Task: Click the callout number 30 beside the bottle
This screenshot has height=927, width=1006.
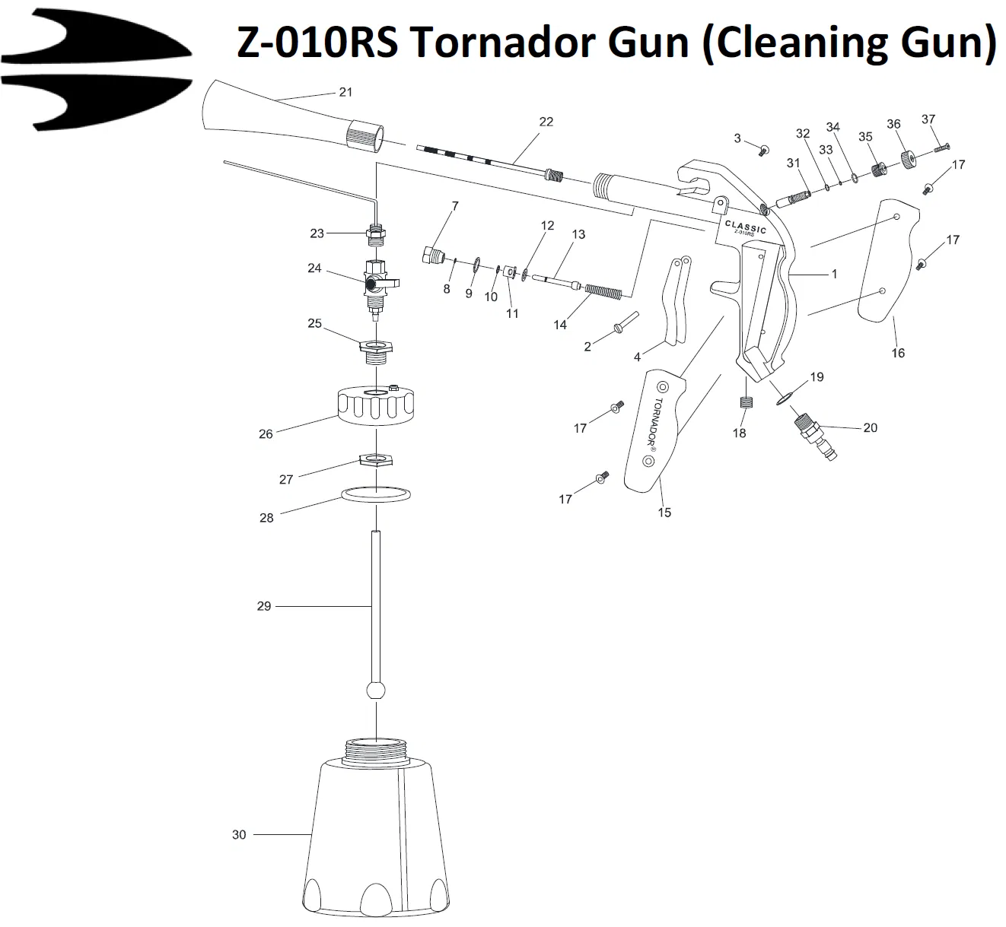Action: [239, 835]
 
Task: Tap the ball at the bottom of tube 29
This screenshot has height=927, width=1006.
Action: [376, 691]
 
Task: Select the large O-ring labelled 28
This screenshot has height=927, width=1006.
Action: [377, 494]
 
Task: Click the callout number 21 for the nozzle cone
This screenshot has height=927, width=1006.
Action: [345, 92]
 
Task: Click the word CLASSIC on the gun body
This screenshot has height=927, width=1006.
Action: [745, 226]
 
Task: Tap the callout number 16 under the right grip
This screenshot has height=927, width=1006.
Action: [898, 353]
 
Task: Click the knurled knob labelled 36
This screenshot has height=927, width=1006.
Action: [907, 160]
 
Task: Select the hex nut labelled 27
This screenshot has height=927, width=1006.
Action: [376, 460]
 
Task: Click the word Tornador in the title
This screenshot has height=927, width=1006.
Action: [549, 42]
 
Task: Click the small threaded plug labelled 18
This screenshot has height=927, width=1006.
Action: [746, 403]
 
